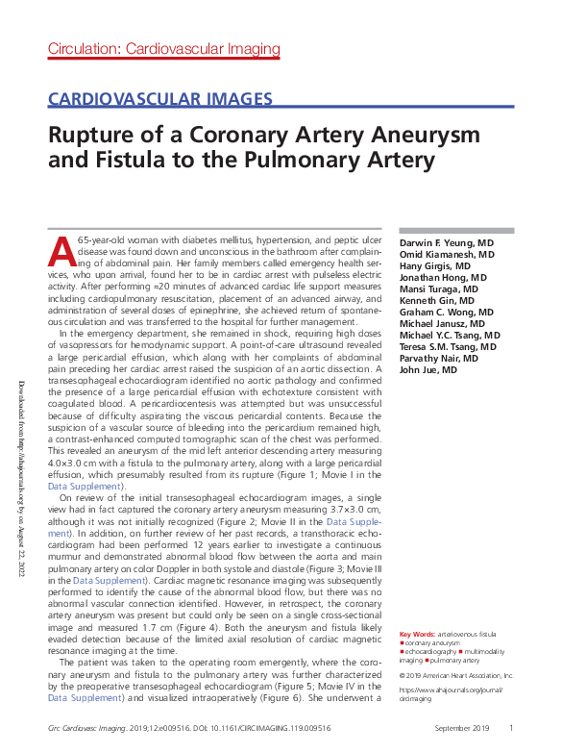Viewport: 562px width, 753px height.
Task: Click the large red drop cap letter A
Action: click(61, 250)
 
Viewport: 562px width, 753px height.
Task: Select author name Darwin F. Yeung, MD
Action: click(447, 243)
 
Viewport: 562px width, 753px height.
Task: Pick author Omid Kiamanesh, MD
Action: click(447, 255)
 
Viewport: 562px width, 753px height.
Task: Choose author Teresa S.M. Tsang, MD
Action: click(449, 347)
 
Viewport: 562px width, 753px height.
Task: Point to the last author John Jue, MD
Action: click(428, 370)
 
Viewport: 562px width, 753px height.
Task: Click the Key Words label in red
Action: click(417, 635)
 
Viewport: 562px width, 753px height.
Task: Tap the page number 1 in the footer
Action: click(511, 729)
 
